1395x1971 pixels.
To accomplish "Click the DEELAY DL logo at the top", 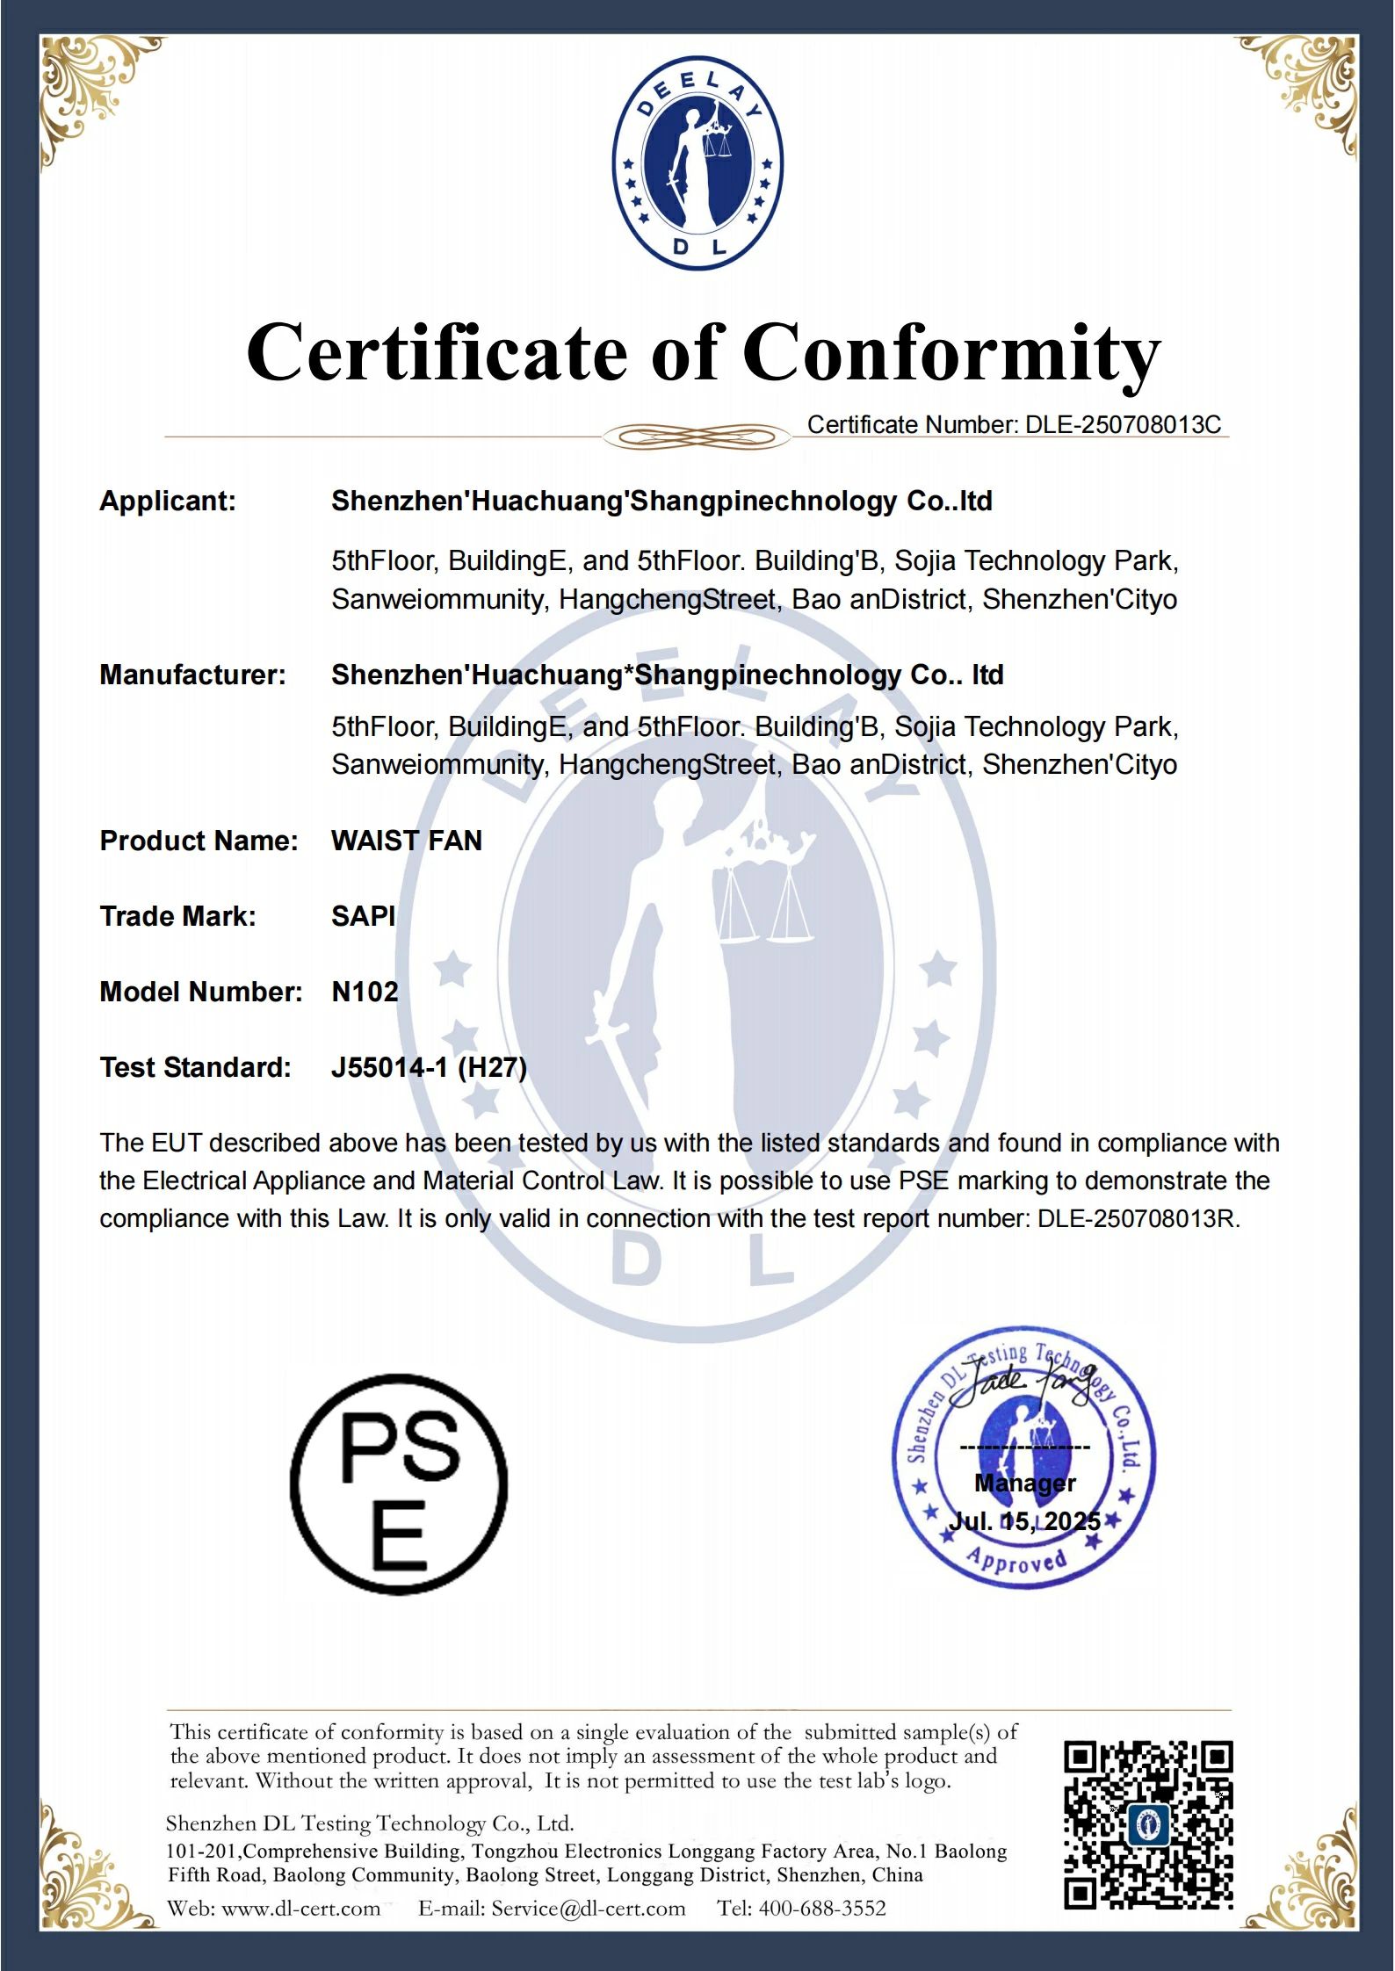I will (697, 164).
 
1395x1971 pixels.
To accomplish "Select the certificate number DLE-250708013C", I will (1123, 425).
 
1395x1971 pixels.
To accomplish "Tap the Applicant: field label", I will (168, 502).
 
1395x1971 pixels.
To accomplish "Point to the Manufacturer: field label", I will (192, 675).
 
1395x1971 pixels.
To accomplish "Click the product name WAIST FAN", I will (407, 841).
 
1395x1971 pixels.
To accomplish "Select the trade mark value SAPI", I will (363, 916).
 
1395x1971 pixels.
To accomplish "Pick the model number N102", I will (365, 992).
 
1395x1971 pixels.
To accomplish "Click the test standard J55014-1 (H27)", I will (429, 1067).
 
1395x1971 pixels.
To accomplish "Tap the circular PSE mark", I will (399, 1485).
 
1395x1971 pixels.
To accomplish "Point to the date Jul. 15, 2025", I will (1024, 1521).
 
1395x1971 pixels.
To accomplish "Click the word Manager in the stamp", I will (1024, 1483).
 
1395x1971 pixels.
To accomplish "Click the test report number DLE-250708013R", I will (1137, 1219).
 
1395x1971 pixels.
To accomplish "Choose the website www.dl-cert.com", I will (300, 1908).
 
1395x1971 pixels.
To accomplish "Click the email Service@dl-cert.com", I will (588, 1908).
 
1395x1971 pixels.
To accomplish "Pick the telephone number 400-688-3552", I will (822, 1908).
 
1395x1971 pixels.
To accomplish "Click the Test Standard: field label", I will (195, 1067).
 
